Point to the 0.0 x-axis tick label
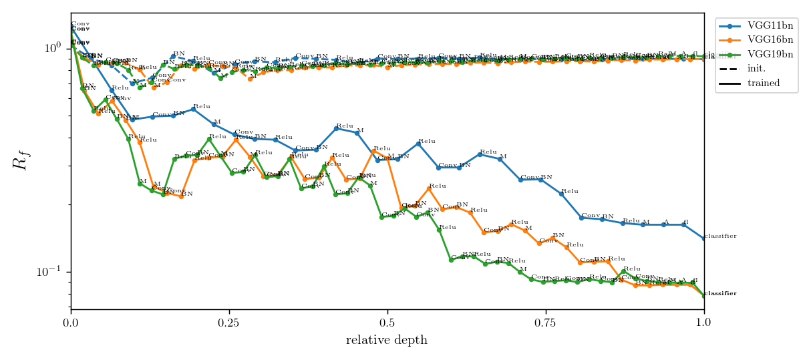pos(71,322)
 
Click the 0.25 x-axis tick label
pos(228,322)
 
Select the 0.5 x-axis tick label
pos(387,322)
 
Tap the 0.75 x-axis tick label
pos(545,322)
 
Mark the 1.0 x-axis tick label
pos(703,322)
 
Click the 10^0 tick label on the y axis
pos(53,48)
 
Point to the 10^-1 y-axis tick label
pos(51,272)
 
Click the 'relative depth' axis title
pos(387,341)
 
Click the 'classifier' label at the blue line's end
pos(721,236)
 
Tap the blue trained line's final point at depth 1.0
pos(704,239)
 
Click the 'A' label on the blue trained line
pos(665,222)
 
